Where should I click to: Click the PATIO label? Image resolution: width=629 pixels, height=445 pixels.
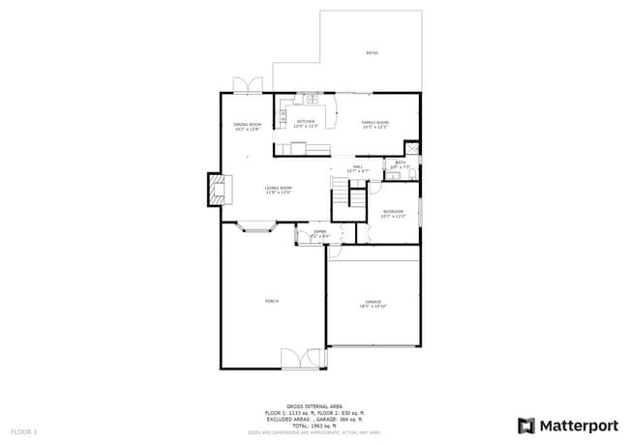coord(372,53)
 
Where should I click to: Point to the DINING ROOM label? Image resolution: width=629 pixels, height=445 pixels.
coord(248,126)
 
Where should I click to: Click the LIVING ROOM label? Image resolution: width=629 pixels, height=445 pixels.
coord(279,190)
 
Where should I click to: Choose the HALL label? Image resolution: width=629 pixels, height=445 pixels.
coord(357,169)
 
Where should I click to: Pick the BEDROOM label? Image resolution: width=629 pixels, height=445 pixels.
coord(392,213)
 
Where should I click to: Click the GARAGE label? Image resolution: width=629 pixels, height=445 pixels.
coord(373,303)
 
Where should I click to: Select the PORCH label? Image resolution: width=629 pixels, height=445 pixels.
coord(272,302)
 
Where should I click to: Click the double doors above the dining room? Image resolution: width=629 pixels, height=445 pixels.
coord(248,85)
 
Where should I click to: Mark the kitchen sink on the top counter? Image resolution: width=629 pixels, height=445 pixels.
coord(311,98)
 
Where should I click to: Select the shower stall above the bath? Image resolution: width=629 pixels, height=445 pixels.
coord(411,149)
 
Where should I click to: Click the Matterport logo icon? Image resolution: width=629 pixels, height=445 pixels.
coord(526,426)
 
